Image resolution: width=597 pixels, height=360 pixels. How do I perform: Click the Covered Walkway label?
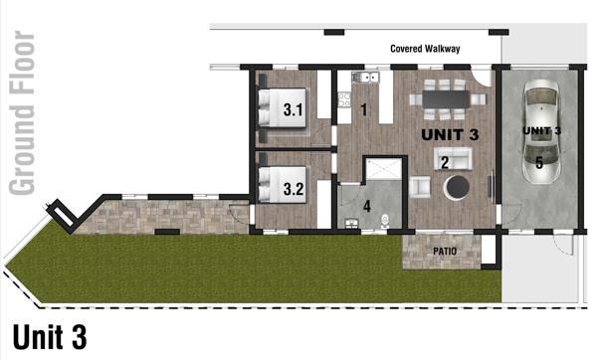pos(425,49)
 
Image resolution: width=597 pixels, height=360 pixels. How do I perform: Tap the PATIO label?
pos(445,252)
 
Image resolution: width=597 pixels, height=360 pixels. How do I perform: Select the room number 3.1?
pos(294,110)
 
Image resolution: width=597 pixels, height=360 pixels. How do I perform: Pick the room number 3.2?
pos(294,189)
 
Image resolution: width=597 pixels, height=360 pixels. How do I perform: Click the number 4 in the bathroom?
pos(366,206)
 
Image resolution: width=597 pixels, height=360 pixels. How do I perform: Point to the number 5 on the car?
pos(539,163)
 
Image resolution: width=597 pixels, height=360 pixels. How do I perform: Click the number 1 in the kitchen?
pos(364,110)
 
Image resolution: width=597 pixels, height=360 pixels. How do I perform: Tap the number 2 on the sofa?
pos(445,162)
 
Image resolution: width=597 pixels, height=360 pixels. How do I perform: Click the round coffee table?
pos(458,187)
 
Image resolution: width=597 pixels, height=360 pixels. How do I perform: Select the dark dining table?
pos(446,99)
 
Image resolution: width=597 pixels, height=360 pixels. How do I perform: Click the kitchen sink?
pos(365,78)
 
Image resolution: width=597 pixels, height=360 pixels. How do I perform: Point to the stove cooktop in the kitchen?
pos(344,99)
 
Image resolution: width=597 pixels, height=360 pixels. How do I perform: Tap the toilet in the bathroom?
pos(385,221)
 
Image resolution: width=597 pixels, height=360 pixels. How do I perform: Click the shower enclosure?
pos(383,169)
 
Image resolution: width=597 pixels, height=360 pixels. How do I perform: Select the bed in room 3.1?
pos(283,108)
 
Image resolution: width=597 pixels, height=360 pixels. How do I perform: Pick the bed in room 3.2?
pos(283,185)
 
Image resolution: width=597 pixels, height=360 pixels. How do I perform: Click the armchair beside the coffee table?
pos(420,187)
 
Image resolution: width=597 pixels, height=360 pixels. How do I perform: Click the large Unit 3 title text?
pos(50,337)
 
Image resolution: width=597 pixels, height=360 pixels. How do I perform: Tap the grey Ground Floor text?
pos(22,113)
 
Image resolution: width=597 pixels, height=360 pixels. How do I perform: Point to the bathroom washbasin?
pos(352,224)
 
